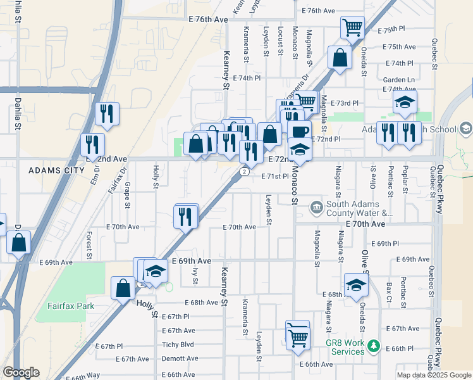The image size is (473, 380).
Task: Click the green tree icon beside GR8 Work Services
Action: click(374, 346)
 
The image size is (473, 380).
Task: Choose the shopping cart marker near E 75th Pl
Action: click(352, 27)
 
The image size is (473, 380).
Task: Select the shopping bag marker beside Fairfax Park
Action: click(123, 288)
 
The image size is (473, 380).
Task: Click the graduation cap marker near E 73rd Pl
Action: click(405, 102)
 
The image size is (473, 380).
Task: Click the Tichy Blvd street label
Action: click(178, 345)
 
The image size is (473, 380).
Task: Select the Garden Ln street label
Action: click(398, 80)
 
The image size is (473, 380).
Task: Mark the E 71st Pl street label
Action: click(275, 177)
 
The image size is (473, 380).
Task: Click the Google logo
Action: click(20, 372)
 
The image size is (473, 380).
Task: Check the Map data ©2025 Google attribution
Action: click(434, 375)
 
